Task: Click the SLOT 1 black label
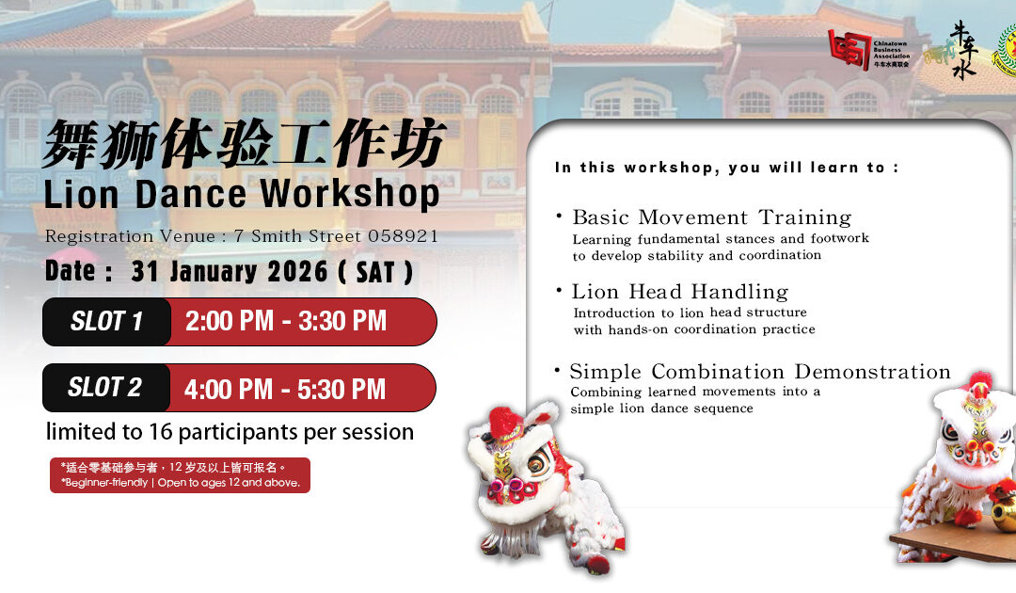pyautogui.click(x=106, y=322)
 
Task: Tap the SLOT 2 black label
pyautogui.click(x=105, y=387)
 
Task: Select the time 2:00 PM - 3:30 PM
pyautogui.click(x=286, y=321)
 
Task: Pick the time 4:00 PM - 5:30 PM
pyautogui.click(x=285, y=388)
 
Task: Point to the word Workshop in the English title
pyautogui.click(x=350, y=194)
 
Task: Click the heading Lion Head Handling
pyautogui.click(x=679, y=292)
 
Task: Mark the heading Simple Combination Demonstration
pyautogui.click(x=760, y=372)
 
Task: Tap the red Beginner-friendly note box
pyautogui.click(x=180, y=474)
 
